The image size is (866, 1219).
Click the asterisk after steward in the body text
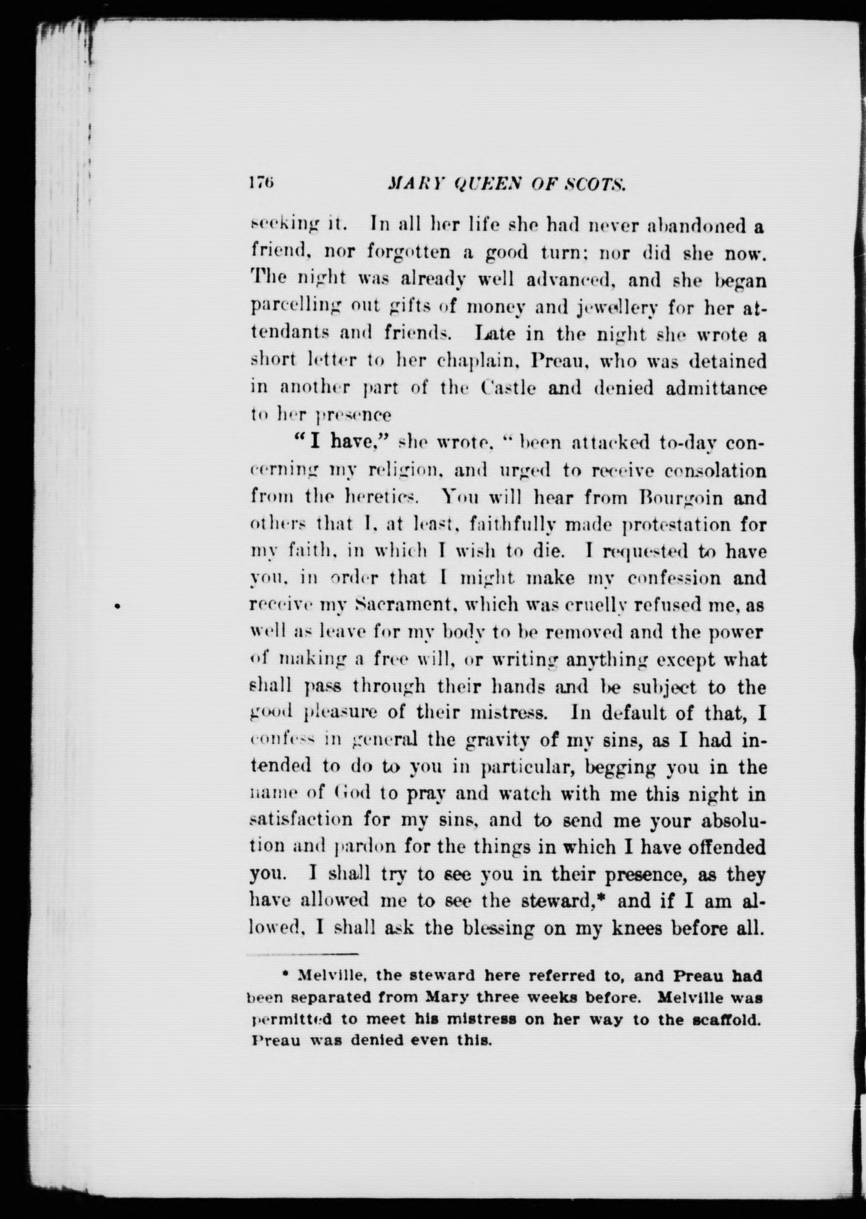(x=606, y=899)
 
